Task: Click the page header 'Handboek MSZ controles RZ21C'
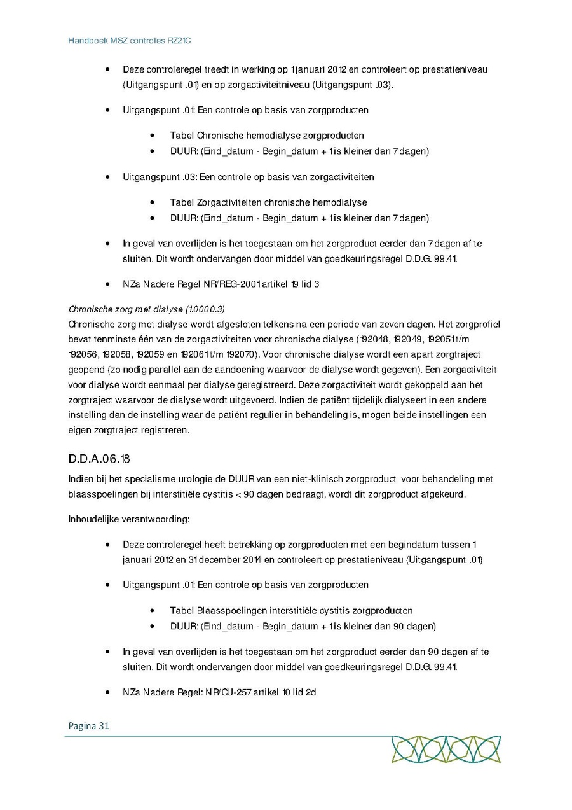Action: [x=130, y=41]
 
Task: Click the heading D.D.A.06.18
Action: [x=100, y=459]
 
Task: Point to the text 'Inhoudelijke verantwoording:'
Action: [x=129, y=519]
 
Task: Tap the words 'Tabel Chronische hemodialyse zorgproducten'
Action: [x=267, y=135]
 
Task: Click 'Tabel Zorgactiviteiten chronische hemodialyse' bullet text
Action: [x=268, y=202]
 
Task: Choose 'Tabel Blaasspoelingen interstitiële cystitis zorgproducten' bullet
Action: [x=291, y=610]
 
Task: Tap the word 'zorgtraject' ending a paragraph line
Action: [x=458, y=354]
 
